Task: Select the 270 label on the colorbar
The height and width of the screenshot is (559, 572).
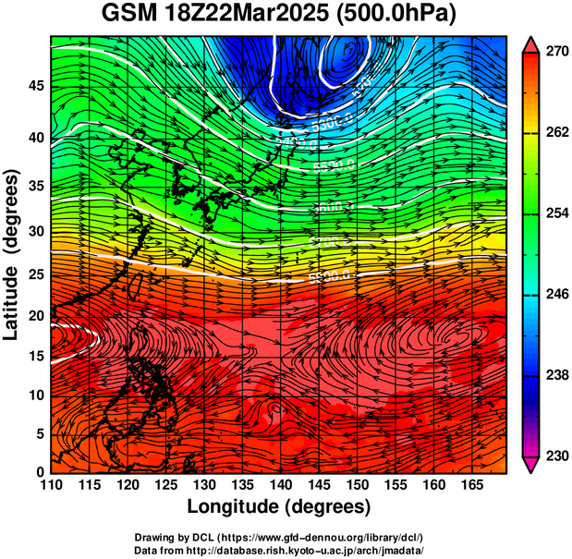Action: [555, 52]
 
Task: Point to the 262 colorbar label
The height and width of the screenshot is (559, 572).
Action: [555, 133]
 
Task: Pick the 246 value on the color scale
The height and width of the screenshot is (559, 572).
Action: [555, 295]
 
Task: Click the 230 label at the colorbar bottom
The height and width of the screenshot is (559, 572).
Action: [555, 456]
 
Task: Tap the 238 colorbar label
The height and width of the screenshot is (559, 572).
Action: [555, 375]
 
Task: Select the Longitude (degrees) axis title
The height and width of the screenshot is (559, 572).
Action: [279, 506]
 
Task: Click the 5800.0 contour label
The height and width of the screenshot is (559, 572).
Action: [330, 276]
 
